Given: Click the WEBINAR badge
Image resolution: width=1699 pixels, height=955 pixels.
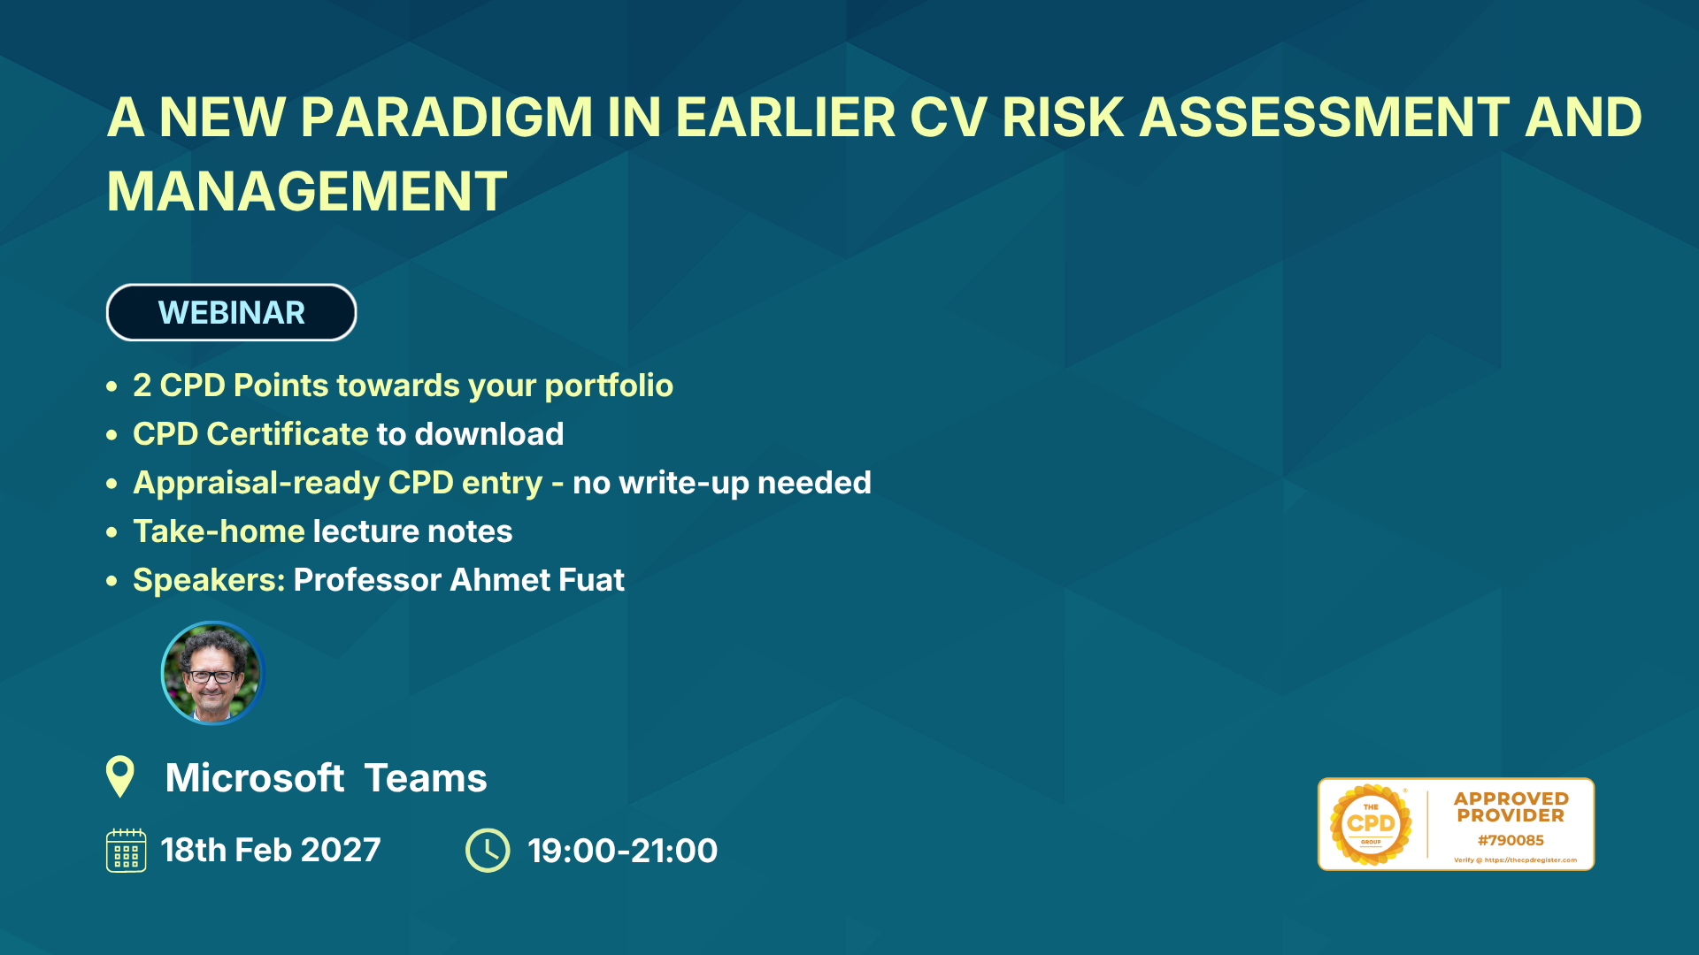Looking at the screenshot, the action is [231, 312].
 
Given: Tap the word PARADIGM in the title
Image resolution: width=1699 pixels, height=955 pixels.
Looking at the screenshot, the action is [446, 118].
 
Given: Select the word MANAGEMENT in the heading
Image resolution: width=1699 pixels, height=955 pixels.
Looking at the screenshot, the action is [307, 192].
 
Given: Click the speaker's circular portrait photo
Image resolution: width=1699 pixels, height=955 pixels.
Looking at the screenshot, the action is [213, 673].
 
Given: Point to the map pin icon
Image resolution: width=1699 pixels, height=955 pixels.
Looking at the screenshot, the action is [120, 776].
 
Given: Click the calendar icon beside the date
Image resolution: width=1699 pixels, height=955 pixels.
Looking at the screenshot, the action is [127, 850].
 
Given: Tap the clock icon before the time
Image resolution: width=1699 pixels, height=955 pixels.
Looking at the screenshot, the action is [488, 850].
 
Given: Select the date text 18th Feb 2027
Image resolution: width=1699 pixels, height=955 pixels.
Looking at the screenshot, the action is [271, 850].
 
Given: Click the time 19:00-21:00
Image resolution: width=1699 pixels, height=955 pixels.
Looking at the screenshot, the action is [623, 851].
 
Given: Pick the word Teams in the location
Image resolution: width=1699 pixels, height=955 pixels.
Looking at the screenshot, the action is [426, 778].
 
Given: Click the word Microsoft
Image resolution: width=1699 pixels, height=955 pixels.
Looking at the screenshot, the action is [255, 778].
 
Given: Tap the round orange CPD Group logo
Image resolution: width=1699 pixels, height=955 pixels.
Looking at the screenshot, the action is [1371, 824].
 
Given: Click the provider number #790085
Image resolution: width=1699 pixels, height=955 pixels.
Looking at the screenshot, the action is [1511, 840].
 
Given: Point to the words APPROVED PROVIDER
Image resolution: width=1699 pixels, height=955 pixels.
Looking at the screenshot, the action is [1511, 807].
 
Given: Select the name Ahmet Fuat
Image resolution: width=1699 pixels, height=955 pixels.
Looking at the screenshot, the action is [537, 580].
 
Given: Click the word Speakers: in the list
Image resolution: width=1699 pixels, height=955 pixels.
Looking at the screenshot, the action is [209, 580].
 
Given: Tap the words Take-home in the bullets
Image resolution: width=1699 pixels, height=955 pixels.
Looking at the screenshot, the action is [219, 531].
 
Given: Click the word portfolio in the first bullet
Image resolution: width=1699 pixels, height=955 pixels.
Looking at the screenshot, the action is [609, 386].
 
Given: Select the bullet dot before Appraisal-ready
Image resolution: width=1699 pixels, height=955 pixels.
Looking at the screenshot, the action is [111, 484].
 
